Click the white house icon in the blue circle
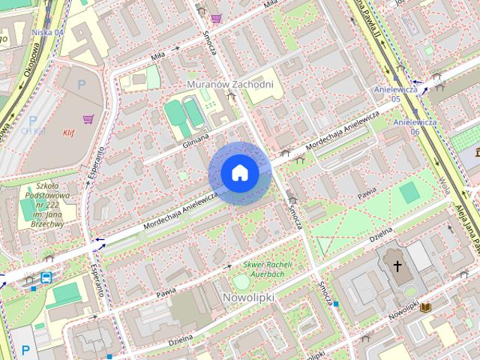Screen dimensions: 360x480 [x=240, y=173]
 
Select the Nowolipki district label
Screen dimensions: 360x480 [x=249, y=298]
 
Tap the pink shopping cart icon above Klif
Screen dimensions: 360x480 [x=88, y=118]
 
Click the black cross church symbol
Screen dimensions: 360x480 [x=398, y=266]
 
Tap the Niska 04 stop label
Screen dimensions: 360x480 [x=48, y=33]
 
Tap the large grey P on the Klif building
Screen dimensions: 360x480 [x=81, y=85]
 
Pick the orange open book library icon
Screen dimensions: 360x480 [x=425, y=307]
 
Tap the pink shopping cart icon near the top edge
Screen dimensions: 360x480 [x=216, y=18]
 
